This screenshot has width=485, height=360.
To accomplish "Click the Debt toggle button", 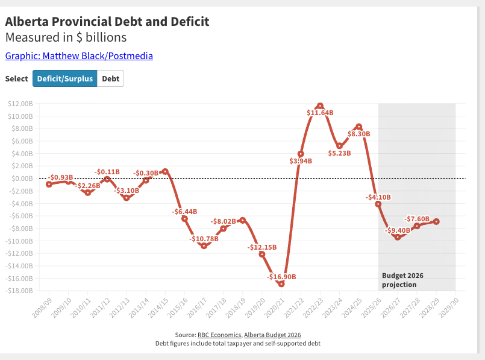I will (x=110, y=78).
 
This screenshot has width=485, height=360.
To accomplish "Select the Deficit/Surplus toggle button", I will (x=64, y=78).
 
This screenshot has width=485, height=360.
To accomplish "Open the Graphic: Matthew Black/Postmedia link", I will (x=79, y=56).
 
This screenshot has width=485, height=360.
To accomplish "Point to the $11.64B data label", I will (x=320, y=113).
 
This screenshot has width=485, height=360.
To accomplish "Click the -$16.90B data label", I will (x=281, y=277).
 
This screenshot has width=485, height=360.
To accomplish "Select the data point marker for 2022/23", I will (x=320, y=106).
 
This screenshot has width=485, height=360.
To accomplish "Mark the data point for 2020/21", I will (x=281, y=283).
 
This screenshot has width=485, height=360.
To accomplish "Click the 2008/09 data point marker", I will (x=49, y=184).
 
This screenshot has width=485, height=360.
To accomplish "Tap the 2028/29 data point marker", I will (x=436, y=221).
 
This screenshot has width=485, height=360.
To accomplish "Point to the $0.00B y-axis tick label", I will (x=21, y=178).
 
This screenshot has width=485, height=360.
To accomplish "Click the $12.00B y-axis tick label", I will (x=20, y=104).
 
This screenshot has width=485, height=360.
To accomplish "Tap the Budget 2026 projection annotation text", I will (x=402, y=280).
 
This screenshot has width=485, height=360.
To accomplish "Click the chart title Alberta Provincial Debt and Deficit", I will (x=107, y=22).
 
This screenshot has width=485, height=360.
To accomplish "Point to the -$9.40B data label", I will (x=398, y=230).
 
